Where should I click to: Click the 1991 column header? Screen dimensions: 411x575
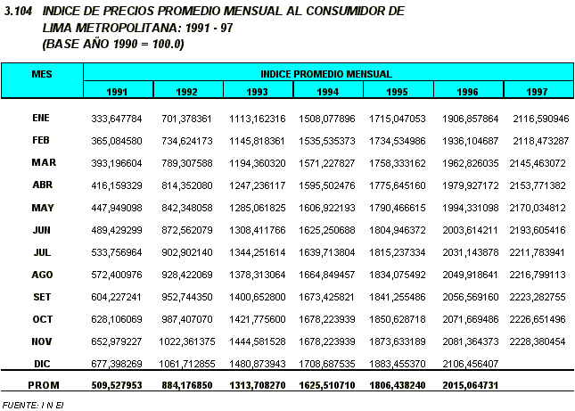click(117, 91)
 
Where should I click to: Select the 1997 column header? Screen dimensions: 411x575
click(537, 91)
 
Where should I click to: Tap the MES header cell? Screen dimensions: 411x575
click(42, 73)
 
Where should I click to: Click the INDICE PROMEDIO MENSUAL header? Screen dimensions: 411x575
click(326, 73)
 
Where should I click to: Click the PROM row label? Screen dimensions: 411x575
click(43, 384)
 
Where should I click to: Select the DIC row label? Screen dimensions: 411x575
click(42, 363)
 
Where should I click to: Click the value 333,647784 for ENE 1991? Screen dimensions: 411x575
click(117, 118)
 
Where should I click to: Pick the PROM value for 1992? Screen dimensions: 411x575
click(186, 385)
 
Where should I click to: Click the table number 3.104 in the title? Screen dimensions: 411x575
click(19, 11)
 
